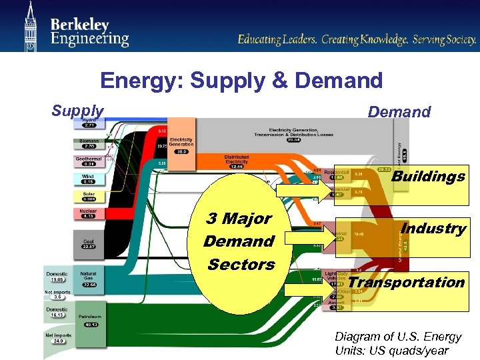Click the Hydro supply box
[x=89, y=122]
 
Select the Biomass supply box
[x=89, y=142]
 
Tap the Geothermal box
[x=89, y=161]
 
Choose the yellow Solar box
[x=89, y=197]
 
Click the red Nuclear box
[x=89, y=214]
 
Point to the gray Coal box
[x=89, y=244]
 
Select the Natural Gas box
[x=89, y=279]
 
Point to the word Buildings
[x=428, y=177]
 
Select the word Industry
[x=433, y=228]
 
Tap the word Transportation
[x=406, y=282]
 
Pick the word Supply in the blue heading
[x=78, y=111]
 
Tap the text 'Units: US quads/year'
[x=392, y=351]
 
